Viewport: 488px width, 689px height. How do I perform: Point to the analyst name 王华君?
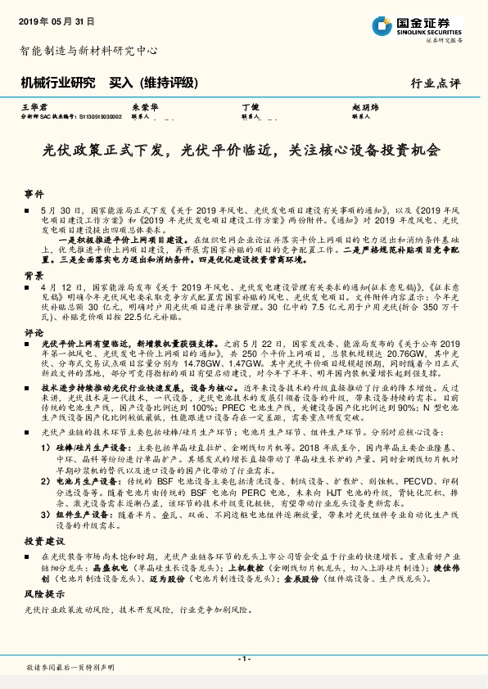coord(30,107)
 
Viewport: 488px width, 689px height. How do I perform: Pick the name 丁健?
coord(250,107)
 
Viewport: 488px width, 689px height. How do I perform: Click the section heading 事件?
coord(34,194)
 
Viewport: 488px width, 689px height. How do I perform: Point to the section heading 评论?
coord(34,333)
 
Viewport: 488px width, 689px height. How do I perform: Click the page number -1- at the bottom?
coord(243,659)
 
